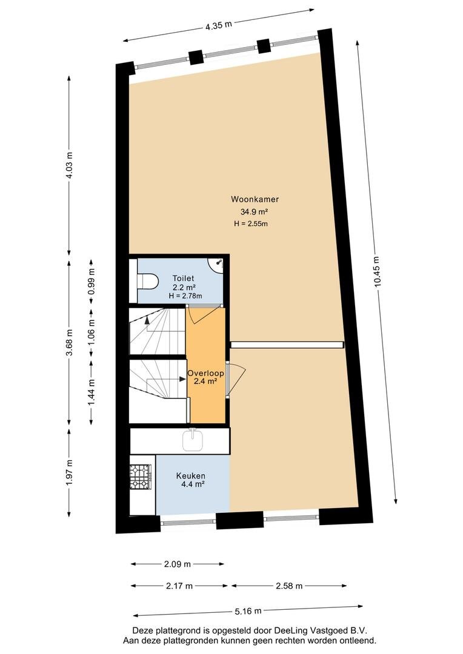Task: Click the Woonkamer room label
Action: click(x=255, y=199)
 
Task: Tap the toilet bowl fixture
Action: click(x=147, y=280)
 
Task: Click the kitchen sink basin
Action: click(x=193, y=441)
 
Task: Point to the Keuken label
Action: click(x=190, y=475)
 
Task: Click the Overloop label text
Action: click(x=205, y=373)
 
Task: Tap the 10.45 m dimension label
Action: click(x=378, y=271)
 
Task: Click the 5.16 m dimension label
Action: click(x=248, y=612)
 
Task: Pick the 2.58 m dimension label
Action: click(x=289, y=586)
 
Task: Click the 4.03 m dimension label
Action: click(x=69, y=164)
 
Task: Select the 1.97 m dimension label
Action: click(x=69, y=472)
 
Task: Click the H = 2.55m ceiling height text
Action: click(x=251, y=223)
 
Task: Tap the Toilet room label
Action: click(x=184, y=278)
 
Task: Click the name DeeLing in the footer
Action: click(x=288, y=630)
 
